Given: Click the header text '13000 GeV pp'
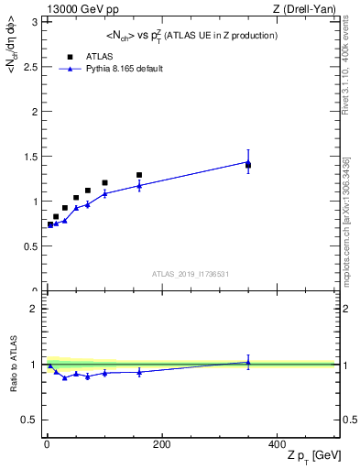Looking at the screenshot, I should pos(74,9).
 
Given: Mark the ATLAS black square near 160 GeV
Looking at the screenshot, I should pos(139,175).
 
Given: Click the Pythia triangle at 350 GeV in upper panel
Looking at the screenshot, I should pos(248,162).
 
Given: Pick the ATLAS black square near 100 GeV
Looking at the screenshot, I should pos(104,183).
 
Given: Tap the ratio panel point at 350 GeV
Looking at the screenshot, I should pos(248,362).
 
